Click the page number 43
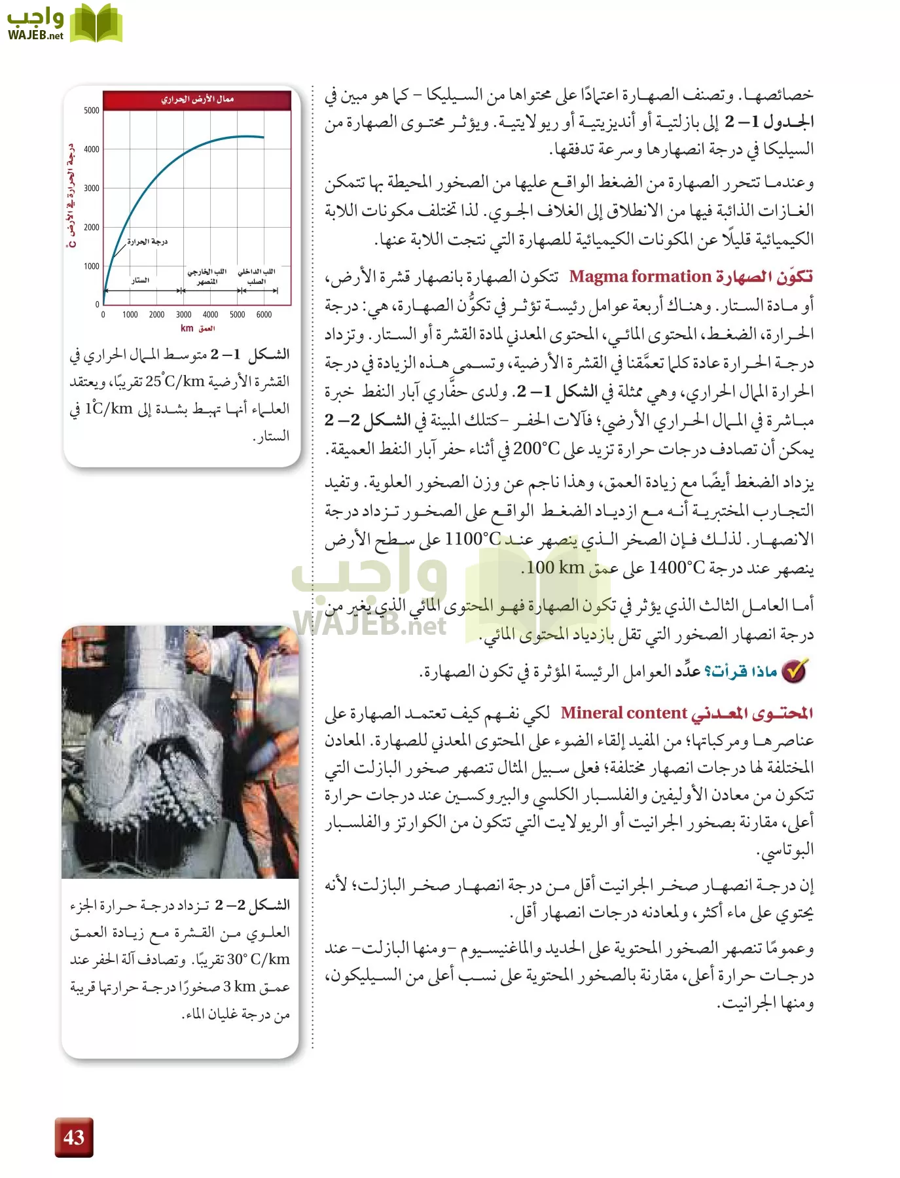coord(74,1137)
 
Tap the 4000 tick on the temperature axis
coord(92,149)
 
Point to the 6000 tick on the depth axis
coord(264,315)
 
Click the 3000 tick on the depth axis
coord(183,315)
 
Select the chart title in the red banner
coord(197,99)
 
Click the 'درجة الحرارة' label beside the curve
coord(147,241)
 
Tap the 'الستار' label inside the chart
coord(140,280)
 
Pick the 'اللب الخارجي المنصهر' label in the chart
coord(207,276)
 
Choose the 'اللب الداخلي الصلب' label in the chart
coord(257,276)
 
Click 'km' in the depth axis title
coord(187,329)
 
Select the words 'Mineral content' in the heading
coord(624,713)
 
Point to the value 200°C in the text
coord(537,449)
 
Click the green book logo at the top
coord(96,24)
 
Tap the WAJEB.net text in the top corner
coord(36,35)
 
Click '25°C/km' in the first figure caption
coord(175,381)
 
